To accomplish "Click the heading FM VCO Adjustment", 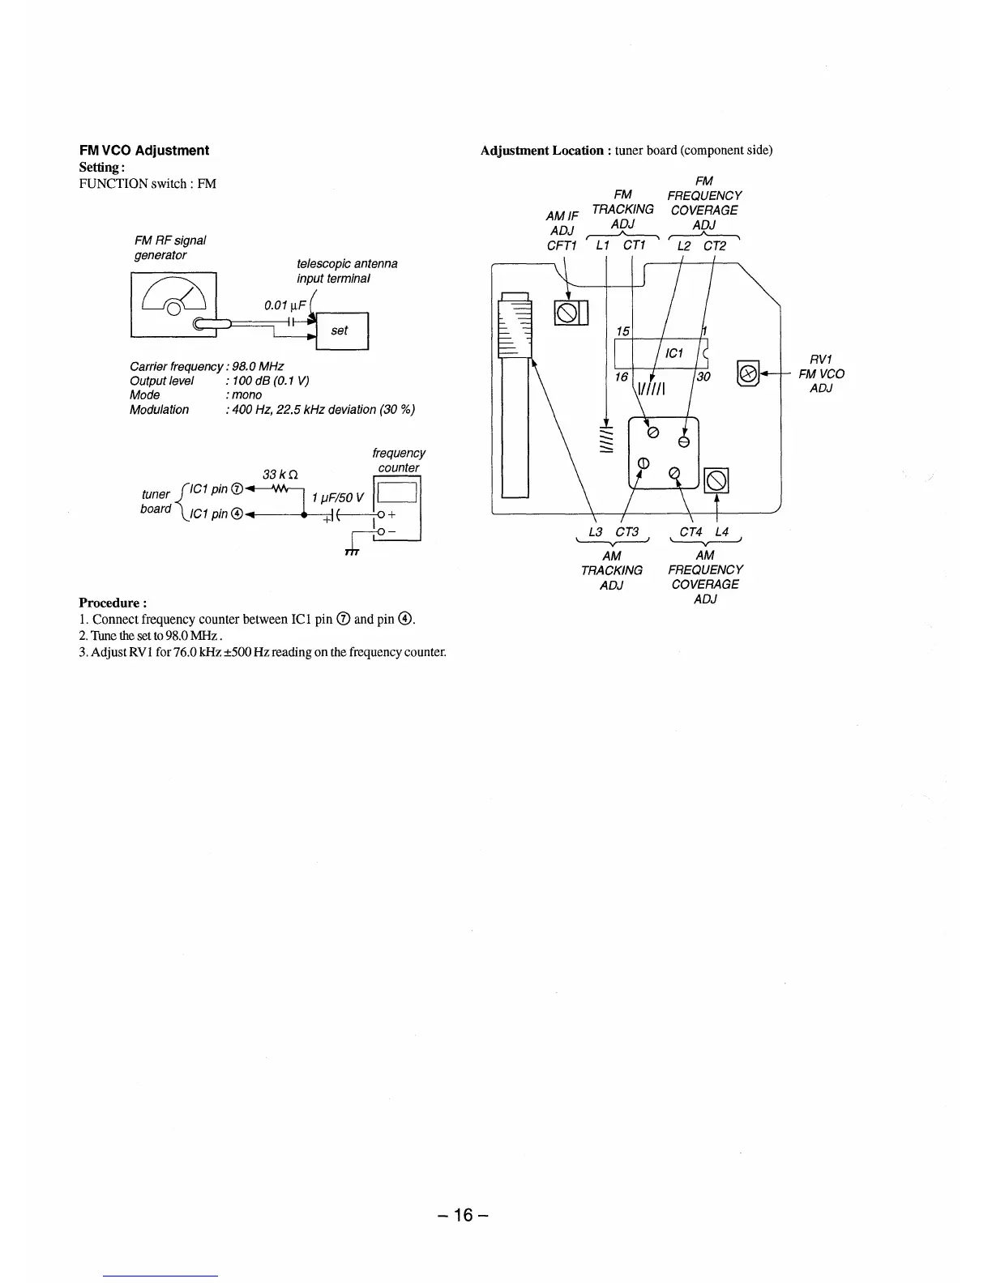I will pyautogui.click(x=143, y=150).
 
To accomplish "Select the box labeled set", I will pyautogui.click(x=340, y=330).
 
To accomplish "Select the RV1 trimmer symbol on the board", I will pyautogui.click(x=746, y=373).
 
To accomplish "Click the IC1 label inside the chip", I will pyautogui.click(x=674, y=353).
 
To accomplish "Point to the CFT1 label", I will pyautogui.click(x=562, y=245).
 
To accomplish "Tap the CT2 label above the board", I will pyautogui.click(x=715, y=245).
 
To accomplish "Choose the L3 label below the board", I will pyautogui.click(x=596, y=531).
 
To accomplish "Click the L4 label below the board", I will pyautogui.click(x=722, y=531).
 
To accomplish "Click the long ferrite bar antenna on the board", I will pyautogui.click(x=515, y=397).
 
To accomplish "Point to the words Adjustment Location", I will pyautogui.click(x=541, y=150).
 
